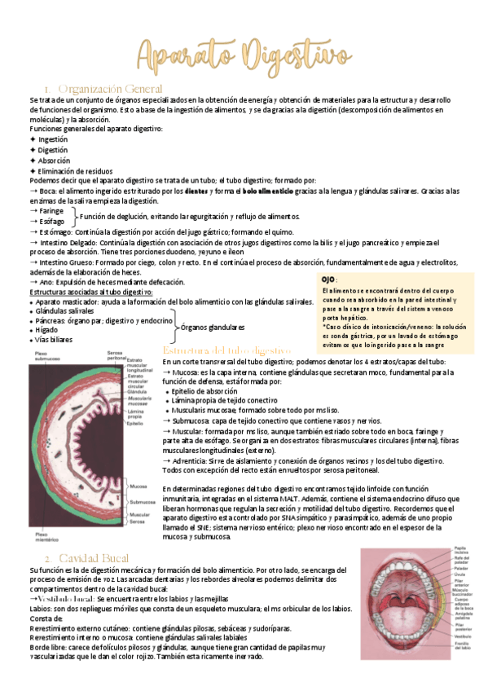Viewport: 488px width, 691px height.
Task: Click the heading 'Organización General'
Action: [111, 88]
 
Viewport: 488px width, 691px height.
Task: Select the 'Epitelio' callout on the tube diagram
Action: [135, 423]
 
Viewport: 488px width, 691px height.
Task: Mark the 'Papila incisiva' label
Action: [460, 551]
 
